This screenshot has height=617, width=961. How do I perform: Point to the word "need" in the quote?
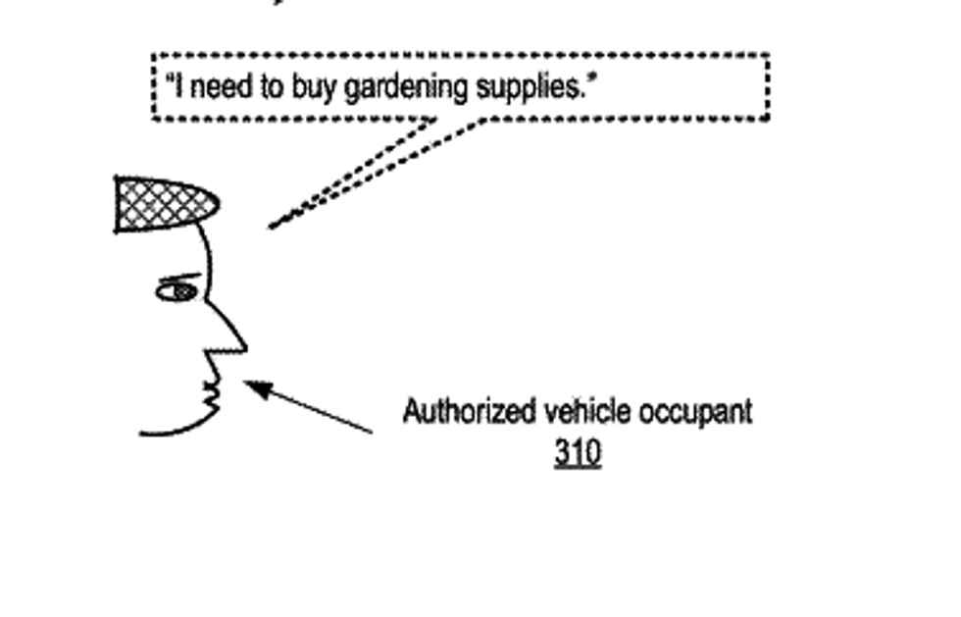tap(221, 88)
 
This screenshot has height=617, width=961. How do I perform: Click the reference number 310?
tap(577, 453)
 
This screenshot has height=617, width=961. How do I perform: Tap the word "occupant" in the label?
tap(695, 412)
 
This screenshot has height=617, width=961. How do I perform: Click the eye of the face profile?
tap(177, 291)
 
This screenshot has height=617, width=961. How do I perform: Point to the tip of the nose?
tap(245, 346)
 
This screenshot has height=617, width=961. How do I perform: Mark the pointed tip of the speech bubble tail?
tap(272, 227)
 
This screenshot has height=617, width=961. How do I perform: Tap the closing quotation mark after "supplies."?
tap(591, 82)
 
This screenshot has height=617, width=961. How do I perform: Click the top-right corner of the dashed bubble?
tap(767, 57)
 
